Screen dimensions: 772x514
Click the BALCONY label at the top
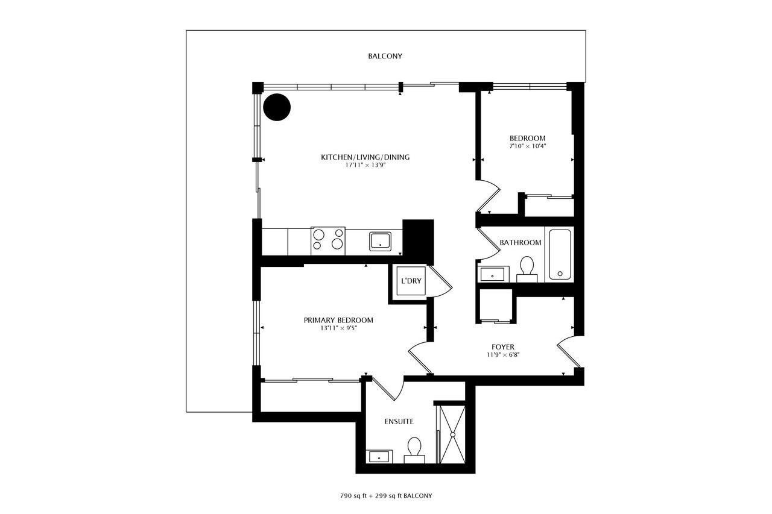pyautogui.click(x=385, y=56)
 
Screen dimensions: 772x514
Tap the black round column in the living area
pyautogui.click(x=277, y=107)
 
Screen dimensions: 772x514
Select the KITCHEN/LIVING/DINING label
pyautogui.click(x=365, y=157)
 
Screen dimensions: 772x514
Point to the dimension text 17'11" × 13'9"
pyautogui.click(x=365, y=165)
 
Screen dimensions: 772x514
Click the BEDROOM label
pyautogui.click(x=528, y=139)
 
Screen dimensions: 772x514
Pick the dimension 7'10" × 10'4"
pyautogui.click(x=528, y=146)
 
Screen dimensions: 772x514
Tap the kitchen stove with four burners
pyautogui.click(x=327, y=241)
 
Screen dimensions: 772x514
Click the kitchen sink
pyautogui.click(x=380, y=242)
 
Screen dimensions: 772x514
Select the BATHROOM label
pyautogui.click(x=520, y=243)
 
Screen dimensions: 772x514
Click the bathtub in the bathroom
pyautogui.click(x=560, y=254)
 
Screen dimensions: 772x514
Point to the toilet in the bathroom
pyautogui.click(x=527, y=269)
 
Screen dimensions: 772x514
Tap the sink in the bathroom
pyautogui.click(x=493, y=274)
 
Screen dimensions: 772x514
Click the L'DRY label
pyautogui.click(x=411, y=281)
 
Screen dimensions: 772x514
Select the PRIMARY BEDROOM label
pyautogui.click(x=338, y=320)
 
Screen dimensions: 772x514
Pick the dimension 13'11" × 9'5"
pyautogui.click(x=338, y=328)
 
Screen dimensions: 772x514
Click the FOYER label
pyautogui.click(x=503, y=347)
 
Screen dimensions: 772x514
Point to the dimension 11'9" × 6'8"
pyautogui.click(x=503, y=355)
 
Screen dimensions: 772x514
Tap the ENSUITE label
pyautogui.click(x=399, y=421)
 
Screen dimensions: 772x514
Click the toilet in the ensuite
pyautogui.click(x=414, y=450)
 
